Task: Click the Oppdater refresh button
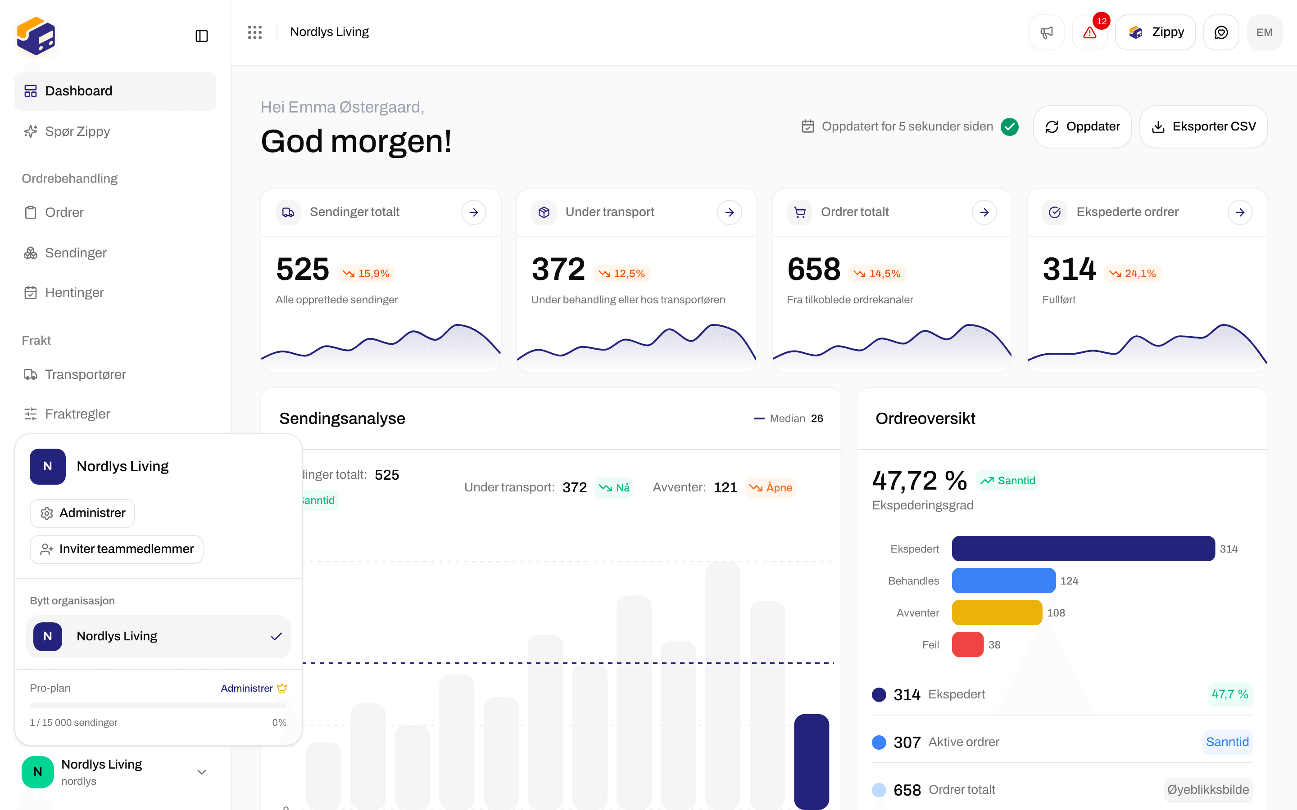point(1082,126)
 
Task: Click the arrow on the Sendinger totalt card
point(473,212)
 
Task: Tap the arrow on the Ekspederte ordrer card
point(1240,212)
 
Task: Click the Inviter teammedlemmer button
point(116,549)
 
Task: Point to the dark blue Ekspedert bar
point(1083,549)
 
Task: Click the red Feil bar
point(967,644)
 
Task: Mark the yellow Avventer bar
point(997,612)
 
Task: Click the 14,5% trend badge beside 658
point(877,274)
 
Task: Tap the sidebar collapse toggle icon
point(201,36)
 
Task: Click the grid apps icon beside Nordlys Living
point(255,32)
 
